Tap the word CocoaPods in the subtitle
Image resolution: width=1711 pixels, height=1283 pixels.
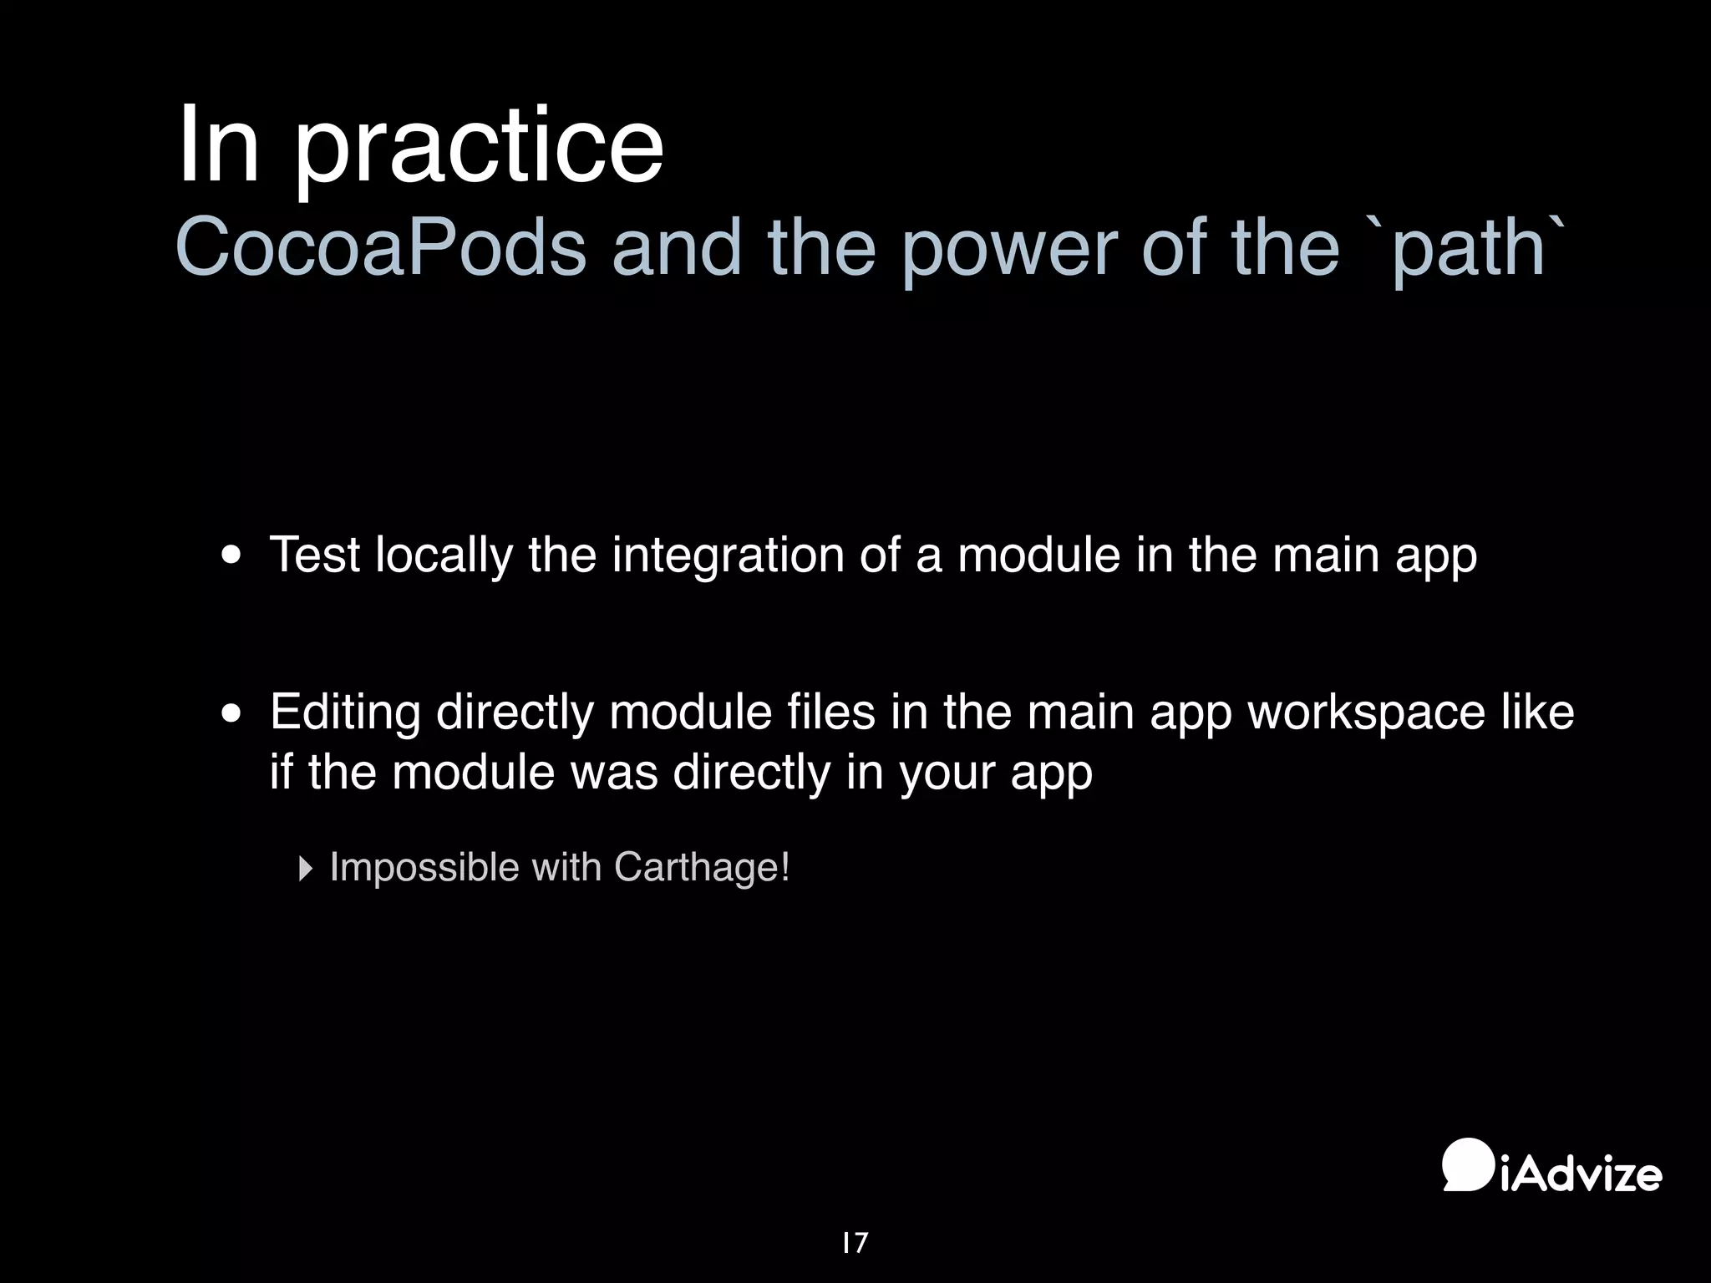pyautogui.click(x=381, y=248)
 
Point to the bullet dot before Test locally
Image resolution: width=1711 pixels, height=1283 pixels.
pyautogui.click(x=231, y=556)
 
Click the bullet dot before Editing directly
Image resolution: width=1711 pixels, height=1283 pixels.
pyautogui.click(x=231, y=714)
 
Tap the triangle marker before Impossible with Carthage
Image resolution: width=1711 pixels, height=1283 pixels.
pyautogui.click(x=305, y=869)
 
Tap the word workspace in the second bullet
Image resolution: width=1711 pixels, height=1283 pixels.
pyautogui.click(x=1366, y=712)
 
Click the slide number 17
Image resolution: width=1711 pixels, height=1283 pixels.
pyautogui.click(x=855, y=1243)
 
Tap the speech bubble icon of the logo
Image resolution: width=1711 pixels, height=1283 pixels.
pyautogui.click(x=1468, y=1164)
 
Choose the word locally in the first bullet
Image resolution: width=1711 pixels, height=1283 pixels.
pyautogui.click(x=444, y=555)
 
